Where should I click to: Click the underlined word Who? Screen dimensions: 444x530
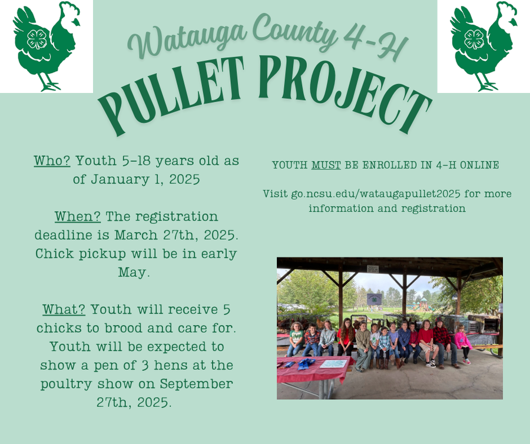[52, 161]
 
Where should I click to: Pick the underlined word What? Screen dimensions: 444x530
[64, 309]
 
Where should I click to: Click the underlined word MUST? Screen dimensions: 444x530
[326, 165]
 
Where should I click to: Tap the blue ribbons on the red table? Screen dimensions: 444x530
[305, 363]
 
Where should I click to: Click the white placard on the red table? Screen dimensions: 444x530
[333, 363]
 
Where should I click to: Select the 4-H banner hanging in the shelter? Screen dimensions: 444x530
[374, 299]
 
